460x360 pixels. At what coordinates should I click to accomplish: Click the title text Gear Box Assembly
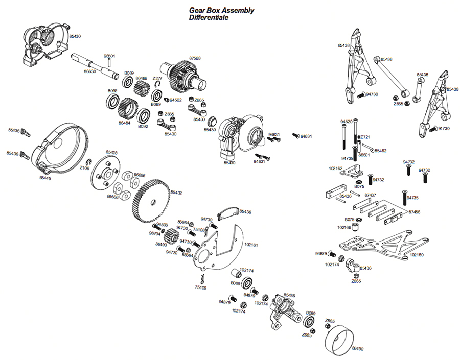(221, 10)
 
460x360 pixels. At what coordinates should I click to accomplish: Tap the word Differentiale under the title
(208, 17)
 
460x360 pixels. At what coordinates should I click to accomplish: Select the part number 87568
(195, 58)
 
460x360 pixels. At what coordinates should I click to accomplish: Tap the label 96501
(109, 56)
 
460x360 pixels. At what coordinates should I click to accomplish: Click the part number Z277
(157, 78)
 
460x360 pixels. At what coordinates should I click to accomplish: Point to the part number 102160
(417, 254)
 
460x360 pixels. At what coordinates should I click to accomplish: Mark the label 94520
(346, 122)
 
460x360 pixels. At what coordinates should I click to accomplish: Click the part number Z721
(364, 137)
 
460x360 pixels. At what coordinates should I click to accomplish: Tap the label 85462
(380, 151)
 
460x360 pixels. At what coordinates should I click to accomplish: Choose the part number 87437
(370, 195)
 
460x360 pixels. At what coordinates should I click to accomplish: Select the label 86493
(162, 245)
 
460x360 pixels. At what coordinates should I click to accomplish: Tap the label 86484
(125, 123)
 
